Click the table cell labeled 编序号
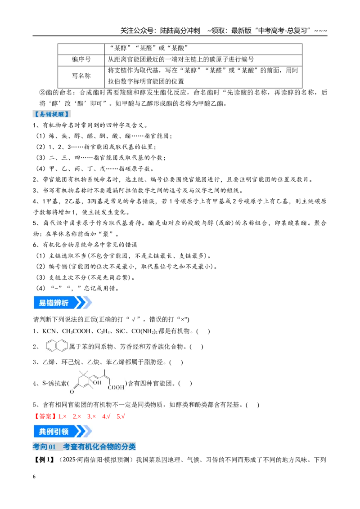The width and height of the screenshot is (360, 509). tap(81, 60)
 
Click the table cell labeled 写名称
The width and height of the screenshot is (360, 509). tap(81, 76)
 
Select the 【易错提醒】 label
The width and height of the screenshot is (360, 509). tap(52, 114)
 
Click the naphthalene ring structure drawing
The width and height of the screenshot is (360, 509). tap(57, 346)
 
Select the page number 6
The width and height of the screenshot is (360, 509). tap(34, 477)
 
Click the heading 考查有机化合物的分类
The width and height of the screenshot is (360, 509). tap(99, 446)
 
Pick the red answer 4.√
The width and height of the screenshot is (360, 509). tap(106, 416)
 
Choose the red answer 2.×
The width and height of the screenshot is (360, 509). tap(77, 416)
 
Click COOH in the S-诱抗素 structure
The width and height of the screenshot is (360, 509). tap(116, 388)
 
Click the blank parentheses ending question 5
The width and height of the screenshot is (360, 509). tap(253, 405)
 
